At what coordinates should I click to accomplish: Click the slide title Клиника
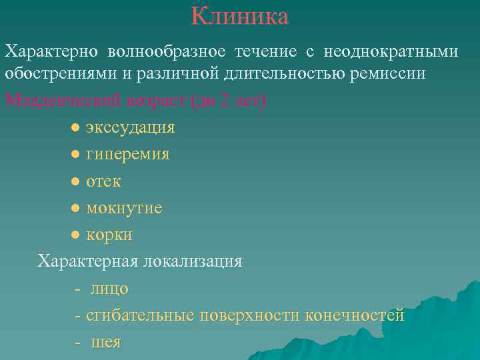[240, 16]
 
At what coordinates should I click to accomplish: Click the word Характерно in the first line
[51, 51]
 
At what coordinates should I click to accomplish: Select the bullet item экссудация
[130, 127]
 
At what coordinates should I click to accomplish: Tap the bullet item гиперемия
[127, 154]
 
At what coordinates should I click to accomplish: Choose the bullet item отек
[103, 181]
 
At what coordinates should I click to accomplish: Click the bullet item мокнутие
[124, 208]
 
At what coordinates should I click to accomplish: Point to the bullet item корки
[109, 235]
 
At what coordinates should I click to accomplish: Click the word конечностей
[355, 315]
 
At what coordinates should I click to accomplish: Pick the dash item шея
[106, 342]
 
